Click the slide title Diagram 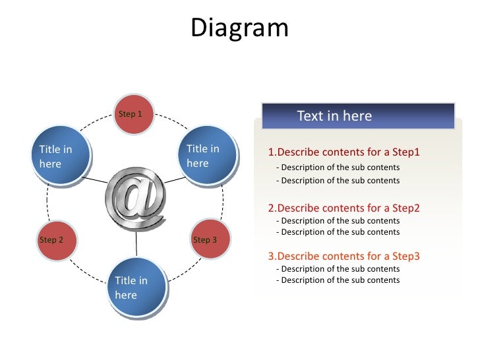click(239, 28)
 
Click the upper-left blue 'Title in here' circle click(61, 157)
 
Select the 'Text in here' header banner click(358, 116)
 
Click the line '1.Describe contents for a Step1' click(344, 152)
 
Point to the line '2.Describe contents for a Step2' click(344, 208)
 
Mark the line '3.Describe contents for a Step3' click(344, 256)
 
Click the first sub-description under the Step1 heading click(338, 167)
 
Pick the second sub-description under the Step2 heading click(338, 232)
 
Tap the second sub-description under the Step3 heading click(338, 280)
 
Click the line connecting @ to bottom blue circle click(136, 245)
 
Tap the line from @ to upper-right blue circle click(174, 179)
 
